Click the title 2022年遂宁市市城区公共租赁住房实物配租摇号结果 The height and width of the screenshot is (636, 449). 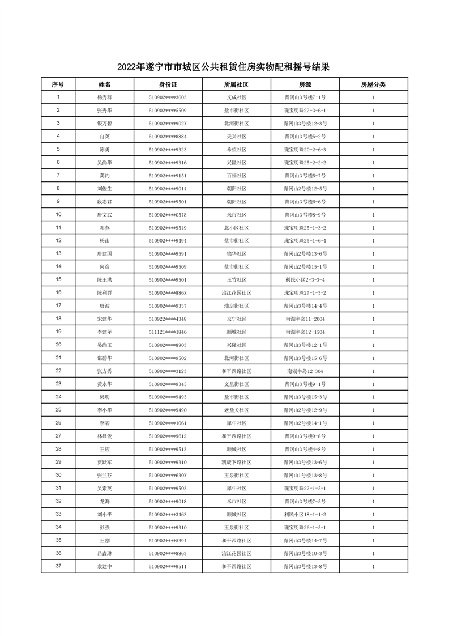[224, 67]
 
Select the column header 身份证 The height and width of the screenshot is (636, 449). [168, 84]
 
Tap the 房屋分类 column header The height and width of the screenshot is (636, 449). [373, 84]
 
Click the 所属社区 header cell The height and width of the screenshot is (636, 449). [236, 84]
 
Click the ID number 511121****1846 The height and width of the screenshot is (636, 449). [168, 332]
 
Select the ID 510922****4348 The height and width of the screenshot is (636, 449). [168, 319]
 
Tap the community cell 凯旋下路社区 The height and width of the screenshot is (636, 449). [236, 462]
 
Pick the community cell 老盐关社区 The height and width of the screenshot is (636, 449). [236, 410]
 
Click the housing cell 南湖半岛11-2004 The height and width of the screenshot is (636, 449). [305, 319]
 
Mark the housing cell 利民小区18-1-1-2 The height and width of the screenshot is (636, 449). [305, 514]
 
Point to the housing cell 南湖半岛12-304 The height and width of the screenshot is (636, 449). [305, 371]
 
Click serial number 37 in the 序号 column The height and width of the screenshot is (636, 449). [58, 566]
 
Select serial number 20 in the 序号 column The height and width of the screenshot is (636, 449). [58, 345]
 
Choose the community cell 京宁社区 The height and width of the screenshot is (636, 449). [236, 319]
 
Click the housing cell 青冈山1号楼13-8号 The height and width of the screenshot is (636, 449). [305, 475]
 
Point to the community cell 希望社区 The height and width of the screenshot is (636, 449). [236, 150]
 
